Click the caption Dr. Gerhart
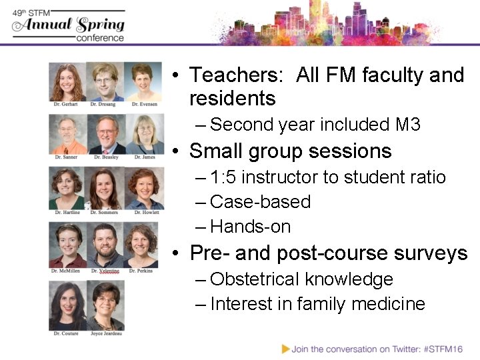[x=67, y=105]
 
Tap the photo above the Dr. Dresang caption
[x=105, y=81]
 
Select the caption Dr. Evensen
[x=143, y=105]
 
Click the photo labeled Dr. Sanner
[x=67, y=134]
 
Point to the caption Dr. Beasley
[x=105, y=157]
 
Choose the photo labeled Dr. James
[x=143, y=134]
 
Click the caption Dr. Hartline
[x=67, y=212]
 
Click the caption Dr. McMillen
[x=67, y=271]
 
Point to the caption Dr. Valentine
[x=105, y=271]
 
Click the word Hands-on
[x=251, y=227]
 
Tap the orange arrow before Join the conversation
[x=285, y=348]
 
